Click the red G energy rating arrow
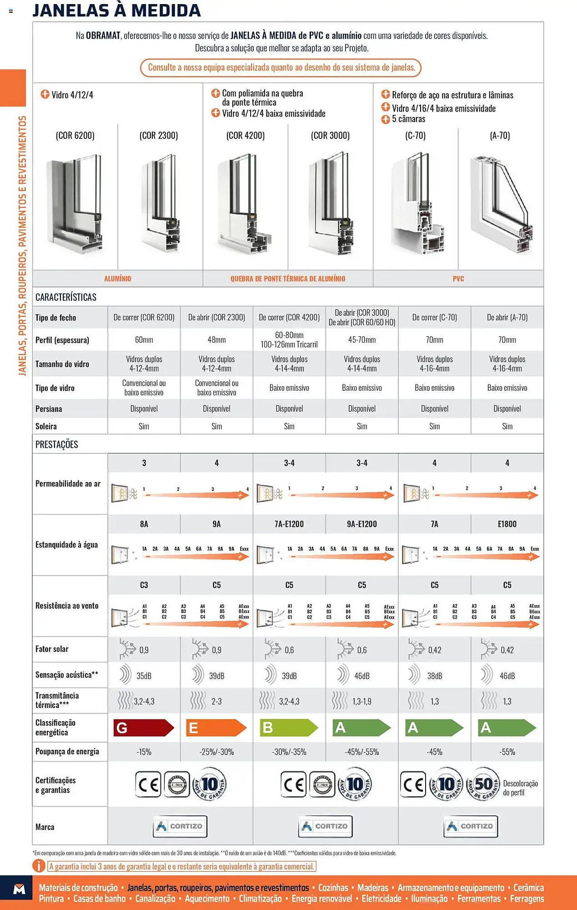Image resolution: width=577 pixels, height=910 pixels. point(143,728)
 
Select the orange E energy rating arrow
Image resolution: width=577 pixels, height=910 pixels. point(216,728)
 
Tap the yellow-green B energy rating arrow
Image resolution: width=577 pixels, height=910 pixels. point(289,728)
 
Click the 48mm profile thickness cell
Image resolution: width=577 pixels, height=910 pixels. point(216,340)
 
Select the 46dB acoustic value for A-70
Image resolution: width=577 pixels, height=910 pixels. point(507,676)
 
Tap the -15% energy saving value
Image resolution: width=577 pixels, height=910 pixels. point(144,752)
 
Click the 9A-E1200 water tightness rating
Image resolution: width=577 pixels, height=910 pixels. point(362,524)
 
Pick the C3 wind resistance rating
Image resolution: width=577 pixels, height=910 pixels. point(144,585)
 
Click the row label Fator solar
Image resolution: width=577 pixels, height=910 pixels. point(52,649)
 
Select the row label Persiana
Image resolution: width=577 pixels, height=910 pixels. point(49,409)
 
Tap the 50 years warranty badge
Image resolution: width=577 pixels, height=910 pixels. point(483,784)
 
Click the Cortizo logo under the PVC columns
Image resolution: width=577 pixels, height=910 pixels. point(471,826)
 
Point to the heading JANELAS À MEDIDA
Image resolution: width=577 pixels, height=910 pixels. point(116,10)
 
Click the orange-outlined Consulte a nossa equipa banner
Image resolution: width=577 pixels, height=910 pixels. point(281,68)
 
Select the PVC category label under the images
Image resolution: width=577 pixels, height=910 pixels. point(458,278)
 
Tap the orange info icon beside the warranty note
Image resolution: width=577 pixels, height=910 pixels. point(39,866)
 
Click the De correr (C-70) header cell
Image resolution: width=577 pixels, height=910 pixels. point(435,318)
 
